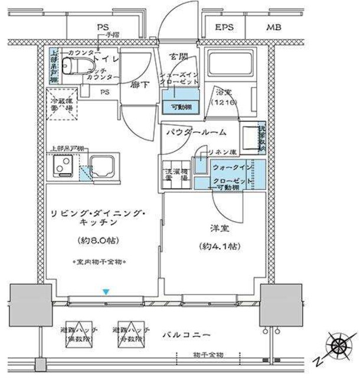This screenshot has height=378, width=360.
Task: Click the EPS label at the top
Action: (223, 27)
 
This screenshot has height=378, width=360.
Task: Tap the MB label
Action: (273, 27)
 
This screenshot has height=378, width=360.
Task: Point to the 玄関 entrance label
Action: (179, 56)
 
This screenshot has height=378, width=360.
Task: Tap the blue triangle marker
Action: (106, 291)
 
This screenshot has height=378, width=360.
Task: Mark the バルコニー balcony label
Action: (189, 335)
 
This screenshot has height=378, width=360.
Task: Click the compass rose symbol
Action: (338, 344)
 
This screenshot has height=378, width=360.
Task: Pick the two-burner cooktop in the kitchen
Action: (61, 167)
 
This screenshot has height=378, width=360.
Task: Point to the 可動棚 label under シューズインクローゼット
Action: (179, 106)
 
